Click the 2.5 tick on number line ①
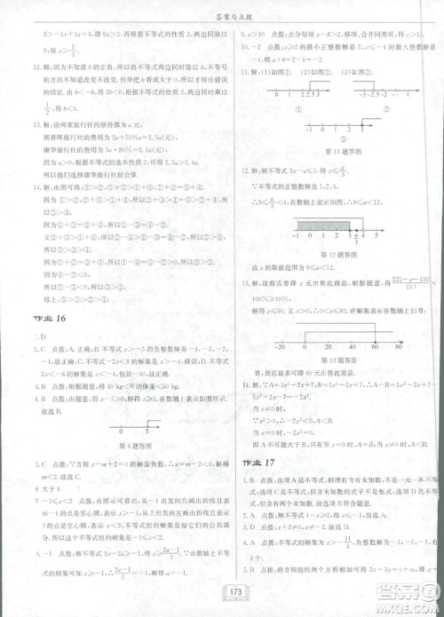310,93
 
